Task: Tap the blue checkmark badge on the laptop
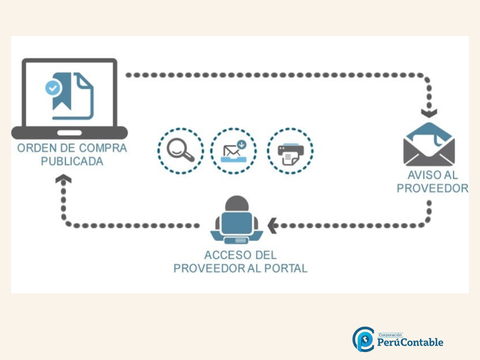point(52,87)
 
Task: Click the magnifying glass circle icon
point(181,150)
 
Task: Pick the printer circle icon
point(290,150)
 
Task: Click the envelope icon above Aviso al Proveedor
point(429,145)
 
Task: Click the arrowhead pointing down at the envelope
point(429,113)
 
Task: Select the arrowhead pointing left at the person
point(271,225)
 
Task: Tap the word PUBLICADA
point(72,161)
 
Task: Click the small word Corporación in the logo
point(390,335)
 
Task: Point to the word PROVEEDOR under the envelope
point(432,188)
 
